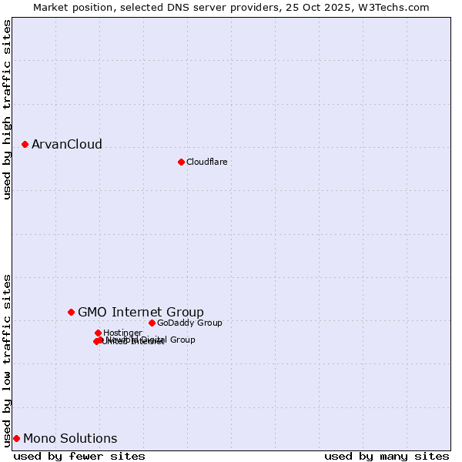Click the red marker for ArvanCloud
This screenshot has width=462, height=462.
point(25,144)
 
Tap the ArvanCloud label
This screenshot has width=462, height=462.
point(66,145)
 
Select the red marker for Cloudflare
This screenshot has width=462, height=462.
point(181,162)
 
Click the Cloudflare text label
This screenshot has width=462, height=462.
point(206,162)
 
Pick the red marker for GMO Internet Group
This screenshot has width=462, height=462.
point(71,312)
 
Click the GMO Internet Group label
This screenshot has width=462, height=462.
point(140,312)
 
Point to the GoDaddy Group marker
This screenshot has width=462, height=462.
point(152,323)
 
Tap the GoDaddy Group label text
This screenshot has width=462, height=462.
point(189,323)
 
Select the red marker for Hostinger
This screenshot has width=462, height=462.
point(98,333)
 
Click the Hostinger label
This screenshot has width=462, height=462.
point(122,333)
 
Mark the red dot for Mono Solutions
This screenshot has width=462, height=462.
point(16,438)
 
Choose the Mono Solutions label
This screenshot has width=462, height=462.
point(70,439)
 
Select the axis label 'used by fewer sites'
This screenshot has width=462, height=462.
point(79,456)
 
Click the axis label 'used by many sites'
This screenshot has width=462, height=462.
point(387,456)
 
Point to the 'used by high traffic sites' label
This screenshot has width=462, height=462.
point(8,109)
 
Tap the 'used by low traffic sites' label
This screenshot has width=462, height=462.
point(8,360)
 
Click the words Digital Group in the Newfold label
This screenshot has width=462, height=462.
point(167,340)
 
